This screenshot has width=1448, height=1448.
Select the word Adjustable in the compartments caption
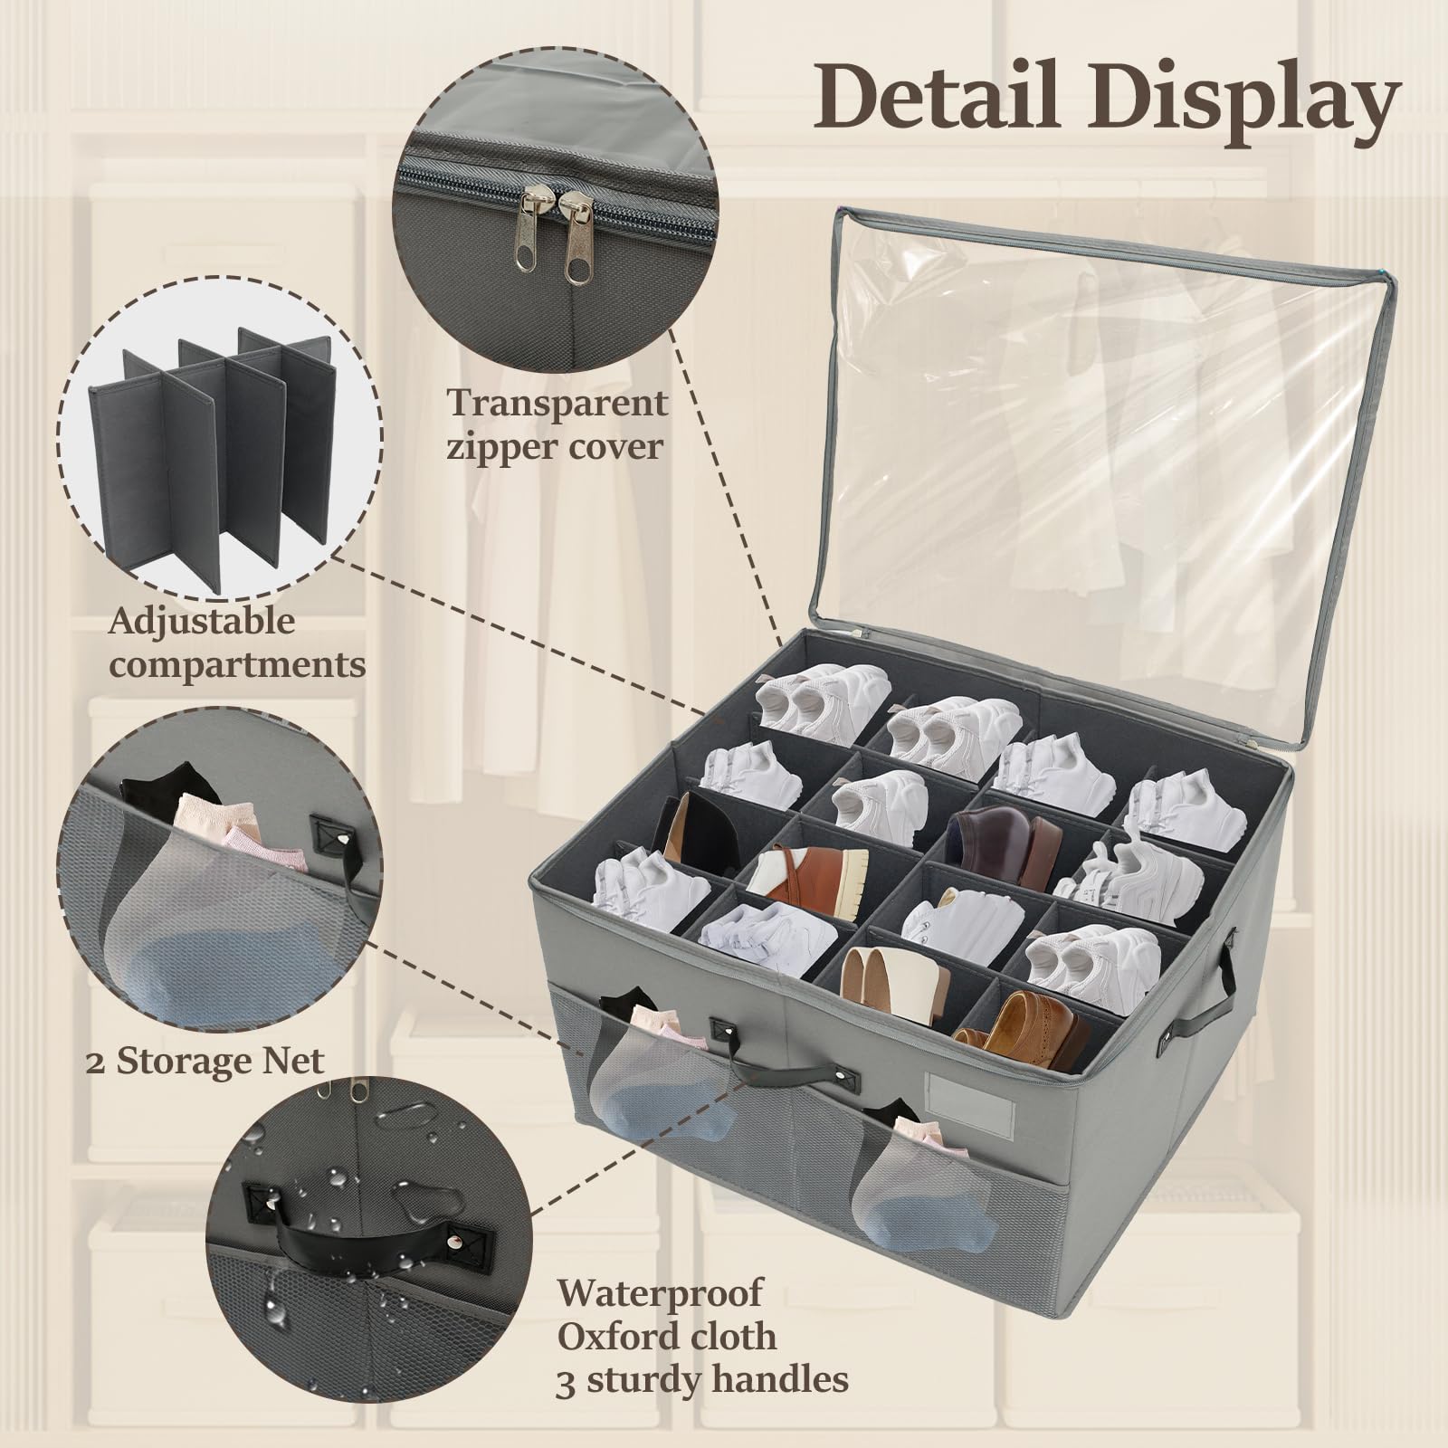(202, 622)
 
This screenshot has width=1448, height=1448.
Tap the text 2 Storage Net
(205, 1060)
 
